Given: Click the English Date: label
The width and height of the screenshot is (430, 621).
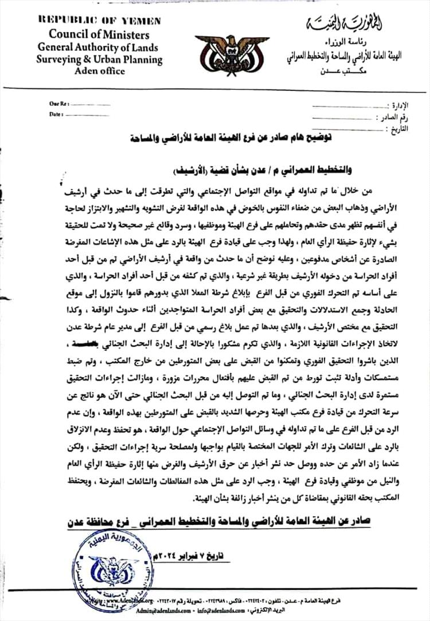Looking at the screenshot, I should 56,114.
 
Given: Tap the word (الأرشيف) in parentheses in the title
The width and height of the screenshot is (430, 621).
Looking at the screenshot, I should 194,171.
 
